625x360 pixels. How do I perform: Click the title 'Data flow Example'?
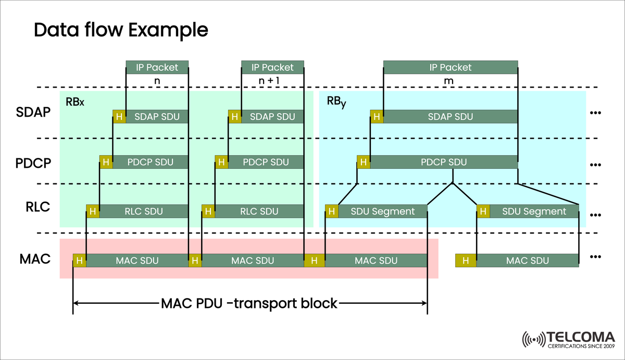coord(121,30)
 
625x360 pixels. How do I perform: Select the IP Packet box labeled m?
coord(451,67)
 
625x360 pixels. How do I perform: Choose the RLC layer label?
coord(37,207)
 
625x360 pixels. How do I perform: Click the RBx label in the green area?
coord(75,102)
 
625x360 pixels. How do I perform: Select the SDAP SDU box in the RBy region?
coord(450,117)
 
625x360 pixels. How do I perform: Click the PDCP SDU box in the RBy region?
coord(444,162)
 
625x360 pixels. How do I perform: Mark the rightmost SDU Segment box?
coord(534,211)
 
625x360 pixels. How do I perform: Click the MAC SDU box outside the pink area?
coord(527,260)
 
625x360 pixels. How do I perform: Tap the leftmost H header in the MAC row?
coord(80,260)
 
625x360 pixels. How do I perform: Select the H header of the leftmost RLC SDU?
coord(93,211)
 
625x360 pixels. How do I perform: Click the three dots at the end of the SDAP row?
coord(596,113)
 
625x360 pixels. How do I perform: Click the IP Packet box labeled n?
coord(157,67)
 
